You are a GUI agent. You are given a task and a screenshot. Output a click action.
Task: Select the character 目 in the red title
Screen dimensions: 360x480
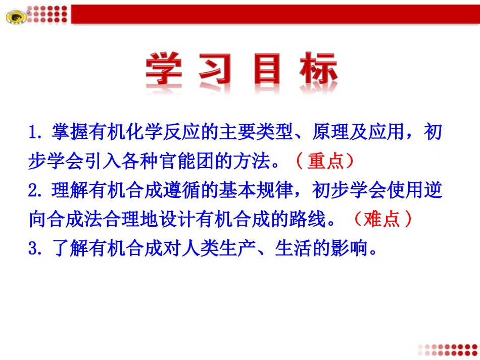[267, 70]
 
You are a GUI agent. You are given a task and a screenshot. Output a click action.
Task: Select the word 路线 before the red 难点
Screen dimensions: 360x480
[316, 219]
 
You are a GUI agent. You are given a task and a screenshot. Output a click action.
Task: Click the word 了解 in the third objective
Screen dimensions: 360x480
[74, 248]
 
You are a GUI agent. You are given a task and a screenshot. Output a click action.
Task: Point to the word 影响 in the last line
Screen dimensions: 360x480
[353, 248]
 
